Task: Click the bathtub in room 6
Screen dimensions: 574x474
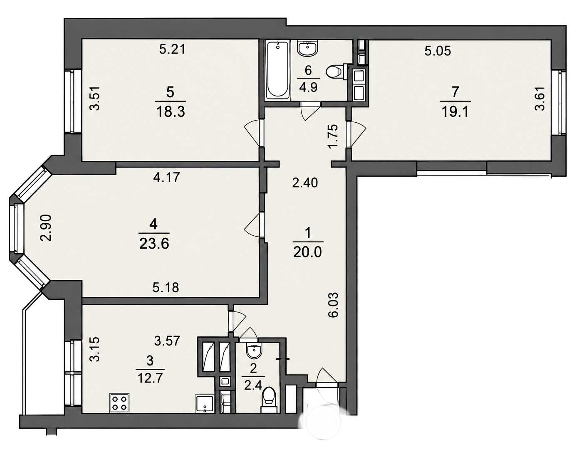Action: (x=278, y=71)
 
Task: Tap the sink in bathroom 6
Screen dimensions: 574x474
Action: (x=308, y=48)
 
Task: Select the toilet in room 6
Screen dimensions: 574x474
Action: (x=334, y=72)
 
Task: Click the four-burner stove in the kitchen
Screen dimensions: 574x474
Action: (x=119, y=403)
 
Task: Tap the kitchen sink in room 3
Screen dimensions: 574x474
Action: (x=204, y=404)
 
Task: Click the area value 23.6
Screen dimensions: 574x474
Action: (x=154, y=244)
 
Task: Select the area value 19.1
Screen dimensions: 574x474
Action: (x=455, y=112)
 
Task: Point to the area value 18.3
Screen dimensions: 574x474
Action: (x=171, y=112)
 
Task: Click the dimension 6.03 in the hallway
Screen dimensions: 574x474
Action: (x=333, y=305)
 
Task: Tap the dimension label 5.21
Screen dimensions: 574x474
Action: (x=173, y=49)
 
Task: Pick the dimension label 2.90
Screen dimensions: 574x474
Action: (x=46, y=228)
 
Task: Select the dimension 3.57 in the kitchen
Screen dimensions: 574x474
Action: (x=167, y=341)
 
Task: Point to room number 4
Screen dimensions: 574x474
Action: (x=153, y=225)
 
